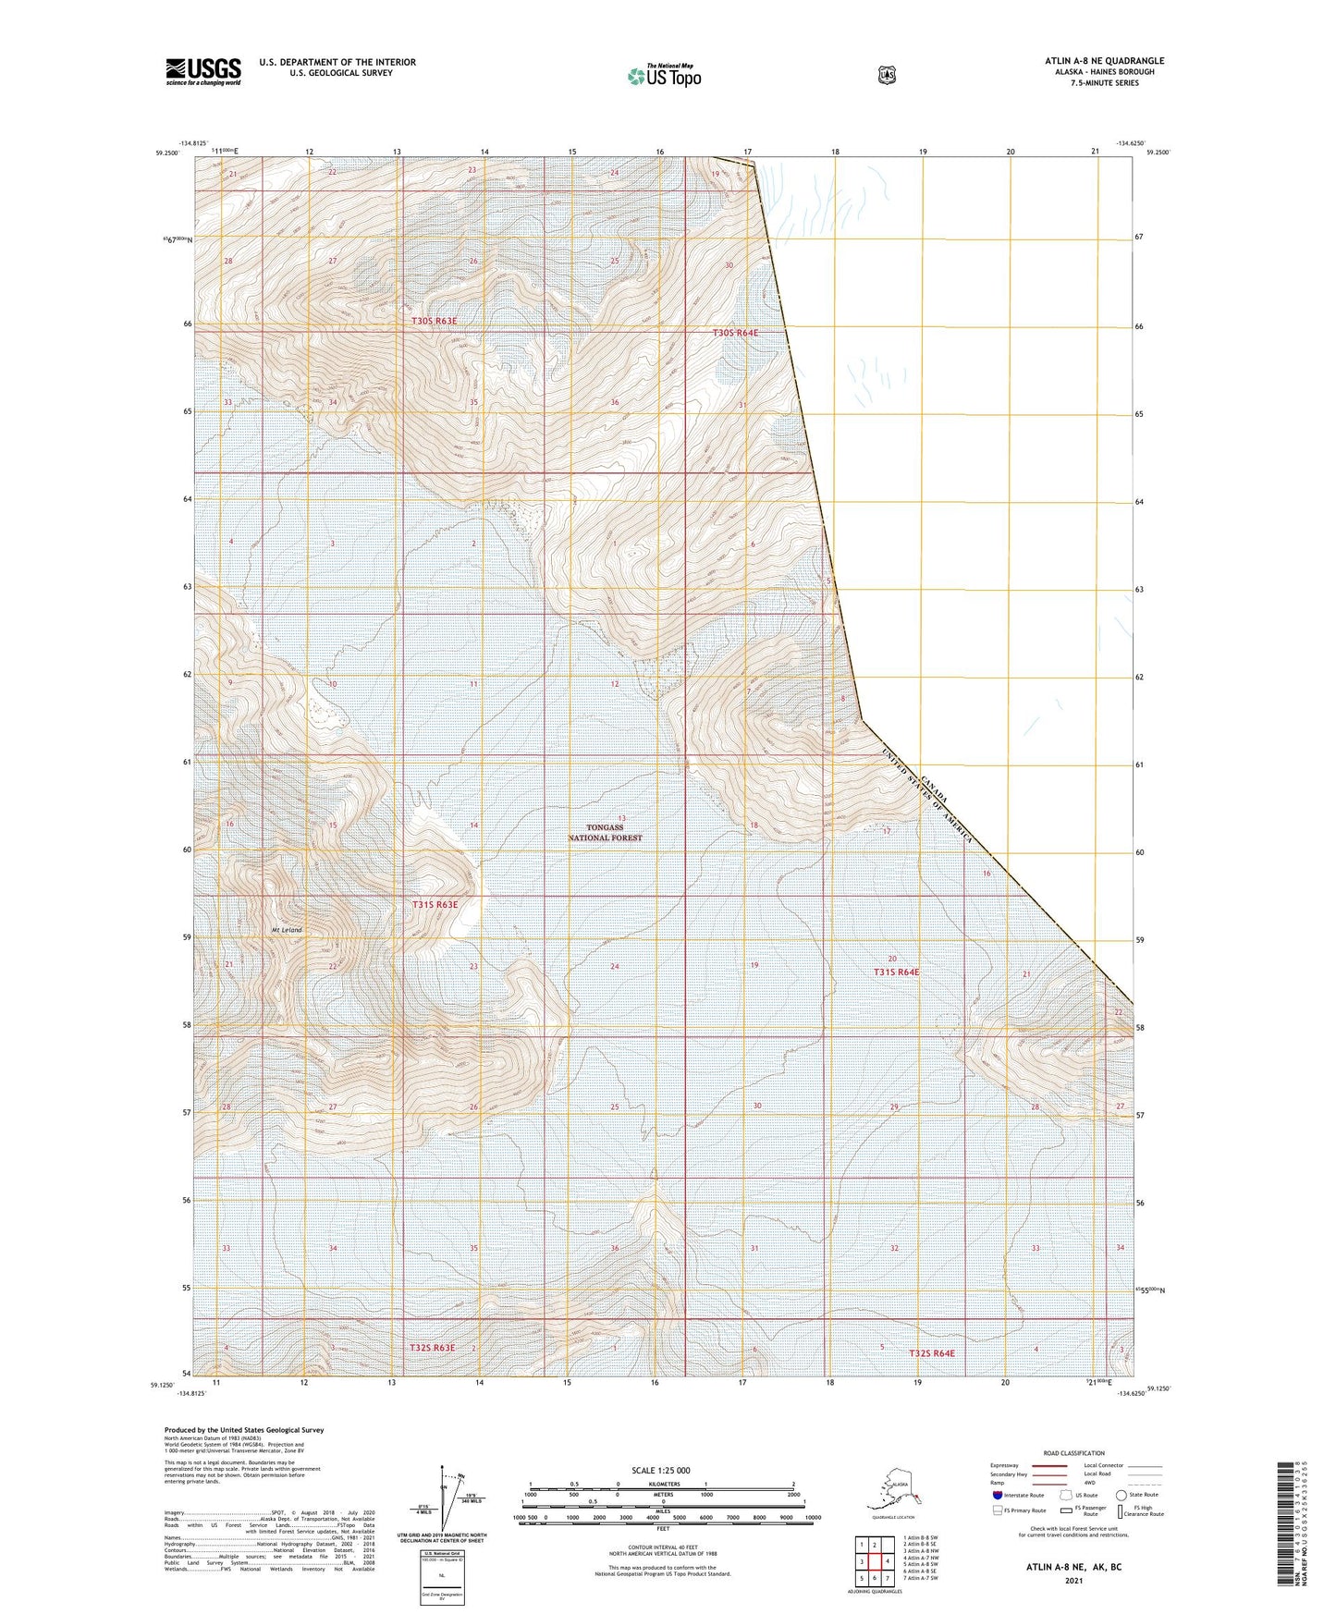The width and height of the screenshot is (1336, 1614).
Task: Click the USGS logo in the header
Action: click(203, 71)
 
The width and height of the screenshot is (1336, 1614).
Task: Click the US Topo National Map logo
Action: click(664, 76)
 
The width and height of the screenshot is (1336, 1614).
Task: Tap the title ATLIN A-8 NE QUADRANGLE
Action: click(1104, 61)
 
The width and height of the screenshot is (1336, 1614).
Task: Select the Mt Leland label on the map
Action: click(287, 930)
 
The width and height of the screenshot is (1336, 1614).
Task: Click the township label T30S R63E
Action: click(435, 321)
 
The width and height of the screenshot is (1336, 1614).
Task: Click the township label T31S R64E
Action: click(897, 972)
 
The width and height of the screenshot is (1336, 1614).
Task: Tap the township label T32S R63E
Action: click(433, 1348)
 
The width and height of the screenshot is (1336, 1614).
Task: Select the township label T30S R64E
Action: click(735, 333)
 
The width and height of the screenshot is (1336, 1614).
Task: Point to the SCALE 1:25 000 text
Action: click(661, 1470)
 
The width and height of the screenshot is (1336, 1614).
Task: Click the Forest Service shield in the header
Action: click(887, 75)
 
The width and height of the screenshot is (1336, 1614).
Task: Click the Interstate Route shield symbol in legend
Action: click(997, 1494)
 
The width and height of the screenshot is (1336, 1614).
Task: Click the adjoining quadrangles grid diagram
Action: click(874, 1562)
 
